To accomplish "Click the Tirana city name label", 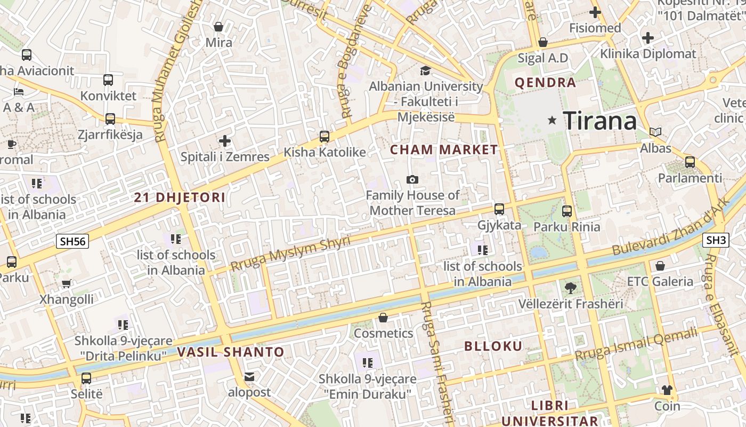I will (599, 121).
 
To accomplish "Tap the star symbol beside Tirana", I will (553, 121).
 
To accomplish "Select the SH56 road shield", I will (72, 241).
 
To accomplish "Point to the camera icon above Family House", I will (412, 180).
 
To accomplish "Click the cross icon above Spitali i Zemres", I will (225, 141).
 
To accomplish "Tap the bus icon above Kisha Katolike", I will (324, 137).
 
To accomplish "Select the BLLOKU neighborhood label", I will (493, 346).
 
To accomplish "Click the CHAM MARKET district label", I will (444, 150).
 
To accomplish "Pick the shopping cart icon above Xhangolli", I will (67, 283).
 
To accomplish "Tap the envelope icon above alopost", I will (249, 377).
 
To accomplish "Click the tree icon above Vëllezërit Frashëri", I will (571, 288).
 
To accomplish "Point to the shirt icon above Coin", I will (667, 390).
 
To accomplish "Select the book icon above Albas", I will (655, 132).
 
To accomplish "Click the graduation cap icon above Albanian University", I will (425, 70).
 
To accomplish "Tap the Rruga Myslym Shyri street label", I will (290, 254).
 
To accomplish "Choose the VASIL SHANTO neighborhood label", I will (231, 352).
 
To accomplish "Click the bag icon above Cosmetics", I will (383, 318).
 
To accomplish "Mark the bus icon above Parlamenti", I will (690, 162).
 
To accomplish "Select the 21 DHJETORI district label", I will (180, 197).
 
